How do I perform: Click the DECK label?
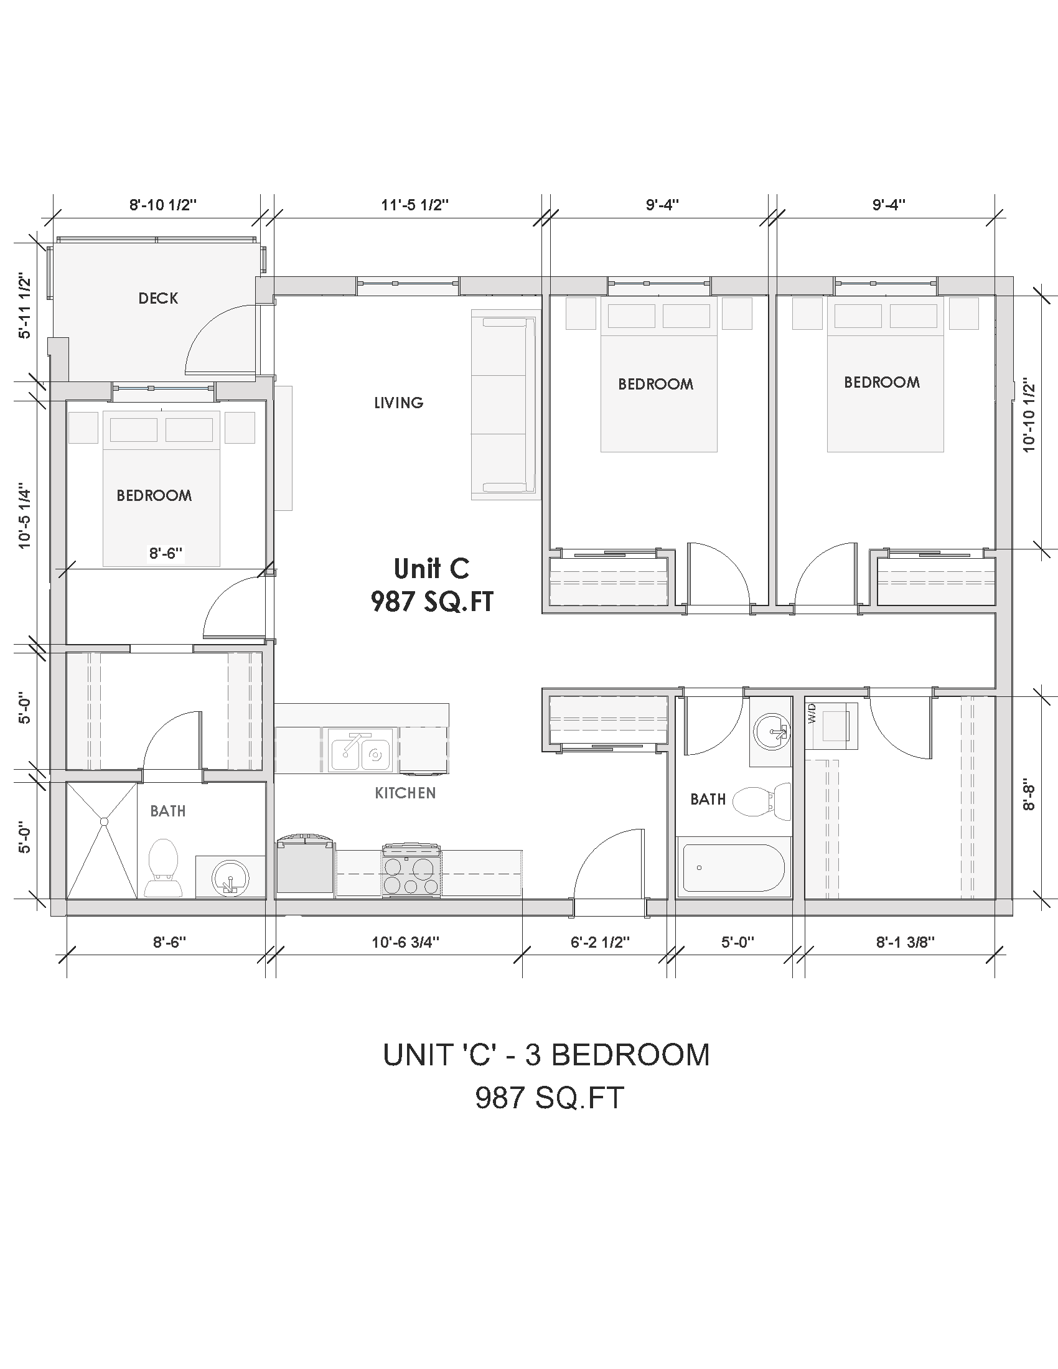point(158,298)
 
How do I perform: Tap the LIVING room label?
point(399,403)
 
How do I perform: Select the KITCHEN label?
point(405,793)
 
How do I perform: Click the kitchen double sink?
point(360,750)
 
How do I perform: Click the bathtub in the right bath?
point(733,867)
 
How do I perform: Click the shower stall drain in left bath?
point(104,821)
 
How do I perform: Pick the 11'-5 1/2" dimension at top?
point(414,204)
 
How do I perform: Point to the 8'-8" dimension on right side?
point(1029,795)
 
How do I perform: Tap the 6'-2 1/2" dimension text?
point(600,942)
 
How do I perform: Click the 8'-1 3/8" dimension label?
point(905,942)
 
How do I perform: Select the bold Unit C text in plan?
point(431,569)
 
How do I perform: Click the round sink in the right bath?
point(771,731)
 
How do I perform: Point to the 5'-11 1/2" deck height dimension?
point(24,306)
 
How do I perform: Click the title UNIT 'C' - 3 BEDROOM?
point(546,1055)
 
